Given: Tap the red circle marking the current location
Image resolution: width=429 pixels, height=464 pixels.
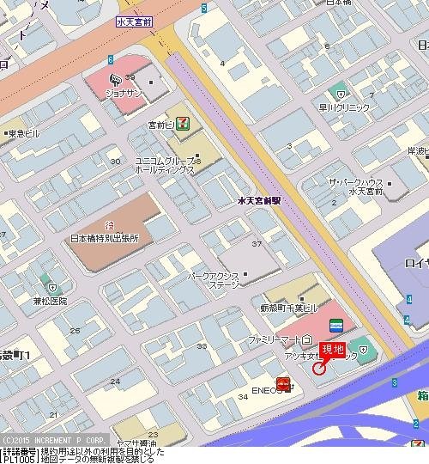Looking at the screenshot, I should point(320,369).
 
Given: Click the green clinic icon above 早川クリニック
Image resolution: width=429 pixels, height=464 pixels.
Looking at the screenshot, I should point(341,89).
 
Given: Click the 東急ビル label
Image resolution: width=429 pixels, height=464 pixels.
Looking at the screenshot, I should point(23,134).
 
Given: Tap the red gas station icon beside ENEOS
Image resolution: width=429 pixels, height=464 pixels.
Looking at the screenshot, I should point(282,384).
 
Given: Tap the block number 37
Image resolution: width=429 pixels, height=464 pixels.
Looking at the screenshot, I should point(256,245).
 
